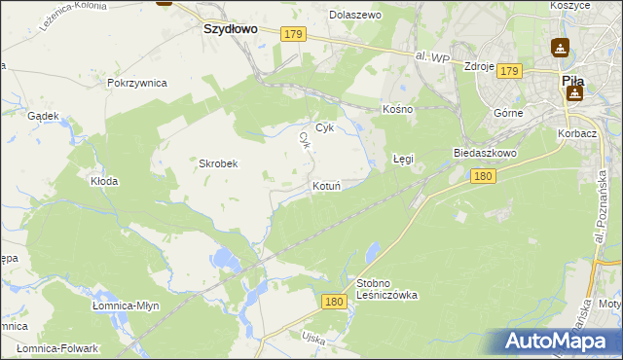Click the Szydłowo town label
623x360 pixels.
[x=230, y=29]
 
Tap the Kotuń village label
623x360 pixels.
[x=325, y=185]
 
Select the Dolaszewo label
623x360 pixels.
[x=355, y=16]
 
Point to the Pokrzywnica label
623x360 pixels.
[x=137, y=84]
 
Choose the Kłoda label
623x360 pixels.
[x=104, y=181]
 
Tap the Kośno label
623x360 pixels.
[x=398, y=109]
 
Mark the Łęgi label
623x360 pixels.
[x=403, y=157]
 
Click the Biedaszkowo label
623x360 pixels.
[x=484, y=154]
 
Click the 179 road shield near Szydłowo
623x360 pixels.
[x=295, y=35]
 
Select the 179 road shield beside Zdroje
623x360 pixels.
[x=510, y=70]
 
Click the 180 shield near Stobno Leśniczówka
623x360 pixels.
[x=334, y=303]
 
